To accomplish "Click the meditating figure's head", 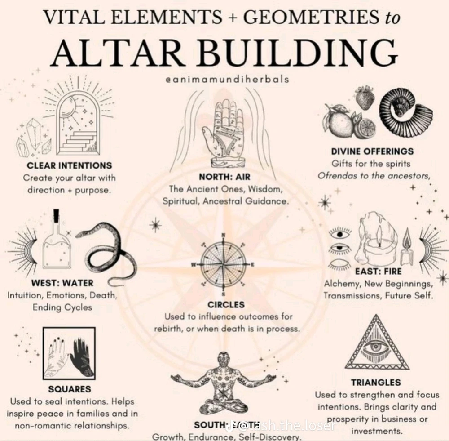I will point(224,359).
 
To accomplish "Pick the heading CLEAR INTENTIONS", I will point(69,165).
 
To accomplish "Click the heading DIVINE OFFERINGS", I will point(372,151).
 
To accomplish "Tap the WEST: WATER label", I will point(62,283).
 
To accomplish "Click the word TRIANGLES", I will point(375,383).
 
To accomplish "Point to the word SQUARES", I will point(69,389).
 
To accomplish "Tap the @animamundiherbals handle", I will point(227,80).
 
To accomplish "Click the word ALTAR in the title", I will point(116,53).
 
